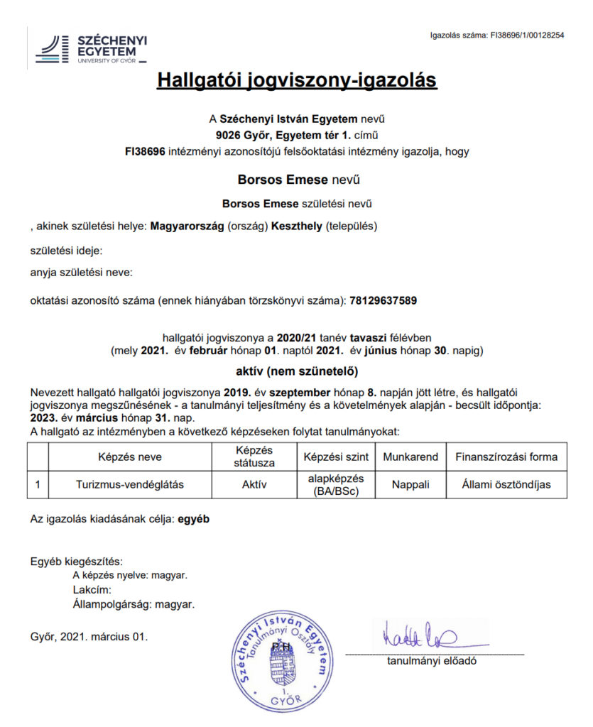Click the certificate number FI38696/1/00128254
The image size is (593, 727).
pyautogui.click(x=526, y=35)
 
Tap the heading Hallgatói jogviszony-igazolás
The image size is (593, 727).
pyautogui.click(x=296, y=80)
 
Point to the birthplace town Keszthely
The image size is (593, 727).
pyautogui.click(x=292, y=226)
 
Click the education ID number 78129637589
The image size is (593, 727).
pyautogui.click(x=383, y=300)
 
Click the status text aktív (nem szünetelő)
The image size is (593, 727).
pyautogui.click(x=296, y=371)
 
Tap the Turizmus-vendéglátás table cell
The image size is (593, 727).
pyautogui.click(x=131, y=485)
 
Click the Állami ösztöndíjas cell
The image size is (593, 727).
pyautogui.click(x=506, y=485)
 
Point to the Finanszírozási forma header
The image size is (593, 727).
pyautogui.click(x=506, y=457)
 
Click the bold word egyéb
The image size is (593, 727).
pyautogui.click(x=194, y=519)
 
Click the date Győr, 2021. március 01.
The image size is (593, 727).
pyautogui.click(x=89, y=636)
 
